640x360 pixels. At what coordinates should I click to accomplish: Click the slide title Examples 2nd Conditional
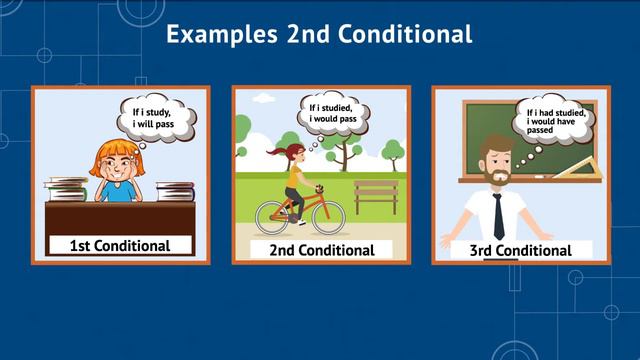(319, 34)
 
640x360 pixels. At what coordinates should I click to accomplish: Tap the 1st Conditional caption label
(119, 245)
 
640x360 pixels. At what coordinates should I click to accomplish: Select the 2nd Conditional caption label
(321, 250)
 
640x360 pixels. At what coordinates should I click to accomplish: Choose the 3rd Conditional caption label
(521, 250)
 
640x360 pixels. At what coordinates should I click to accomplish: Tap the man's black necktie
(497, 216)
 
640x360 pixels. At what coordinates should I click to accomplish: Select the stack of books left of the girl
(67, 188)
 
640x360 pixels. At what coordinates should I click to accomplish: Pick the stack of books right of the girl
(176, 190)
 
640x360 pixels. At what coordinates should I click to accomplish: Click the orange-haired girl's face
(119, 171)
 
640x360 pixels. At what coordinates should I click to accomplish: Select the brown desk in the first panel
(119, 216)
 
